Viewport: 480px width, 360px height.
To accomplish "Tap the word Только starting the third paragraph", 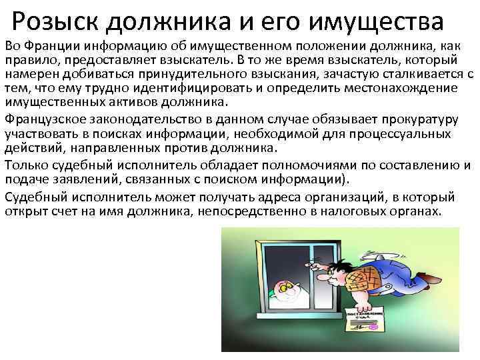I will point(26,165).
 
